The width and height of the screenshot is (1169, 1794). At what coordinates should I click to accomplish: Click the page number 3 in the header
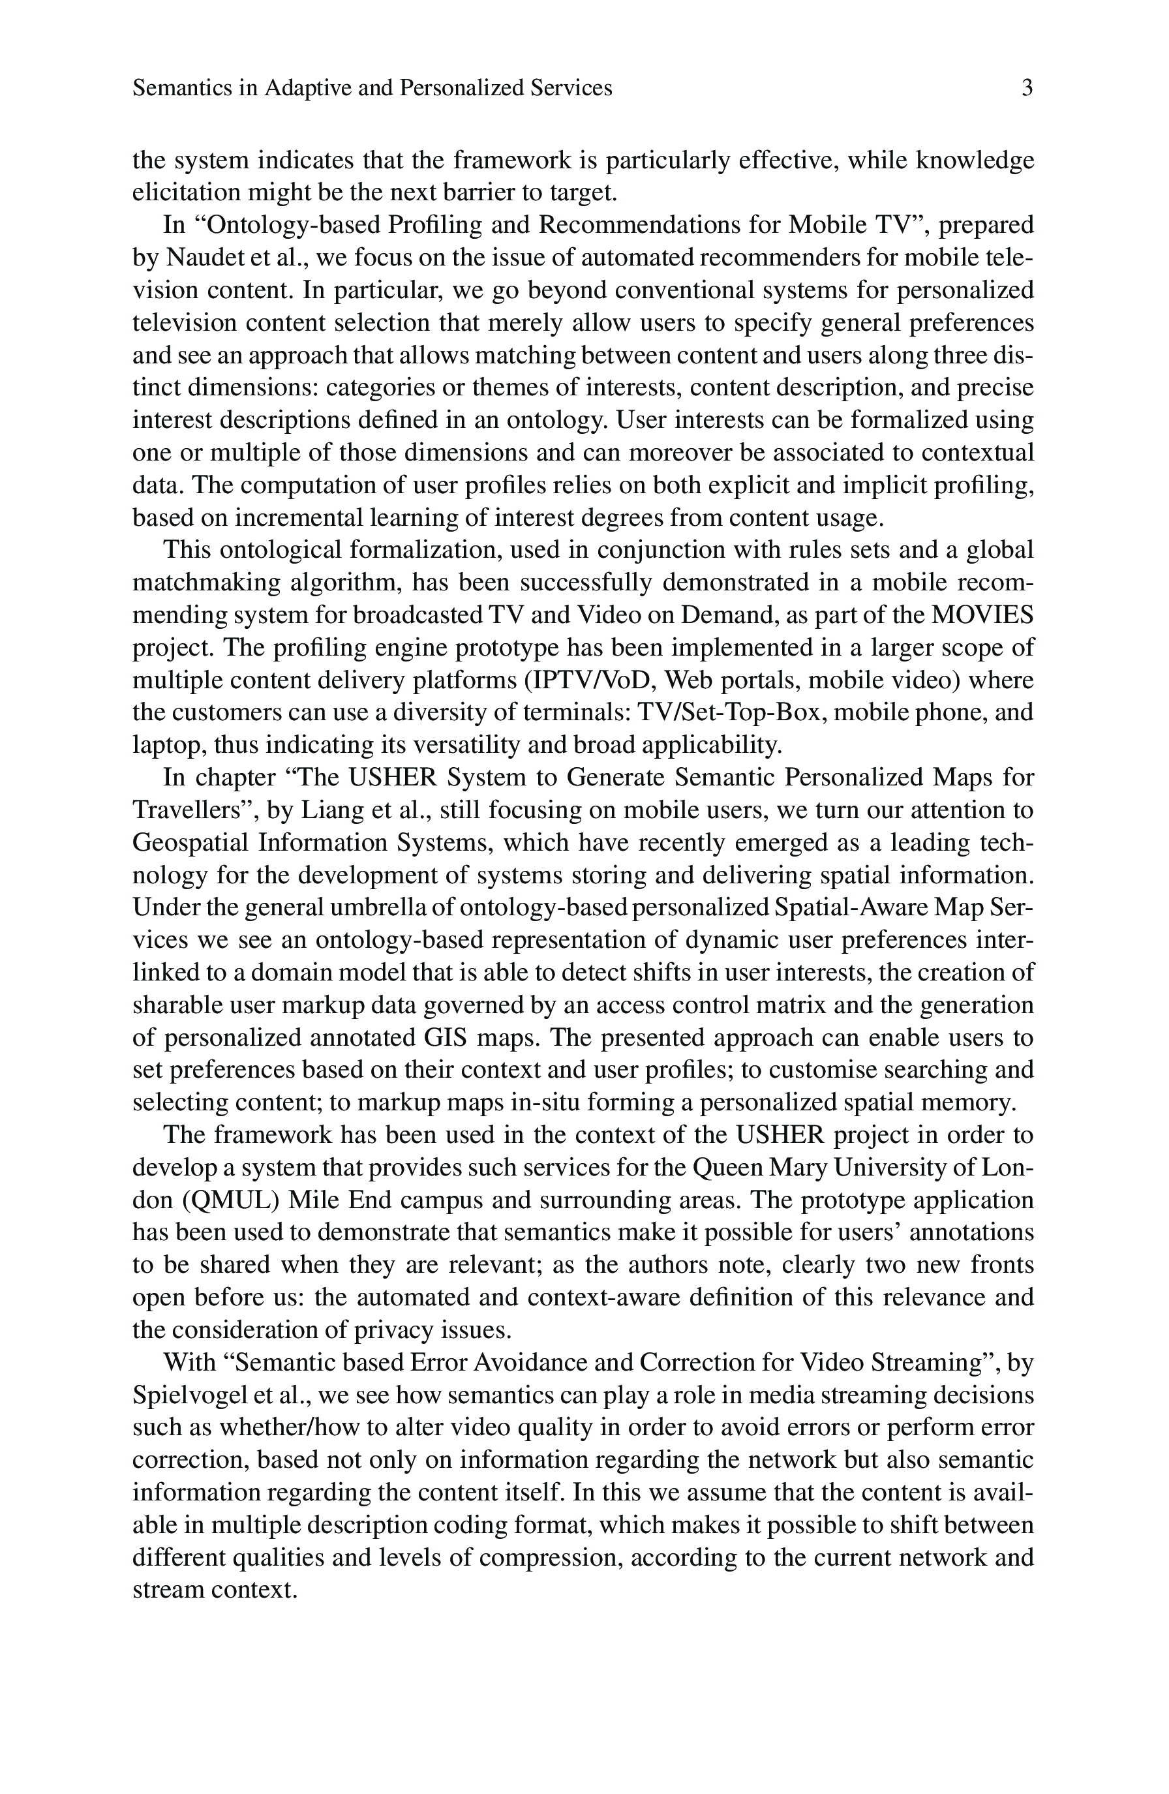tap(1027, 89)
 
